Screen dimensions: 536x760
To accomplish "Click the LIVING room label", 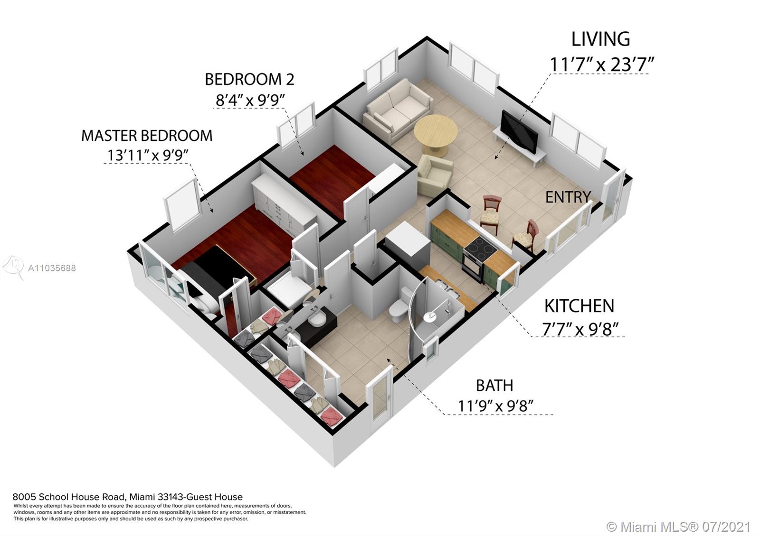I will point(600,39).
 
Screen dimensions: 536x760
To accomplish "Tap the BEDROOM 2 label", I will point(249,79).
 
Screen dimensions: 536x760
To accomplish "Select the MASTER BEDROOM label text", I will point(147,136).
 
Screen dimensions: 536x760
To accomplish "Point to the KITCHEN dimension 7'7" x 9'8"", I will point(580,329).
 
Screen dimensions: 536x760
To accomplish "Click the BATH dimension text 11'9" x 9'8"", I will point(495,406).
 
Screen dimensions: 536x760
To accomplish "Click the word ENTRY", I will point(568,197).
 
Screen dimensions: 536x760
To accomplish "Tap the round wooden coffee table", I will point(436,131).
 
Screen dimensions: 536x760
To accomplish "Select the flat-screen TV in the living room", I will point(519,131).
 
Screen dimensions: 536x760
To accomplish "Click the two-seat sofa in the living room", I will point(398,110).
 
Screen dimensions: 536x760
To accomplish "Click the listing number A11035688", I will point(52,268).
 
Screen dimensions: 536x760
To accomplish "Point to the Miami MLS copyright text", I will point(679,527).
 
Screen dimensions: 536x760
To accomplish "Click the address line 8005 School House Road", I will point(127,497).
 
